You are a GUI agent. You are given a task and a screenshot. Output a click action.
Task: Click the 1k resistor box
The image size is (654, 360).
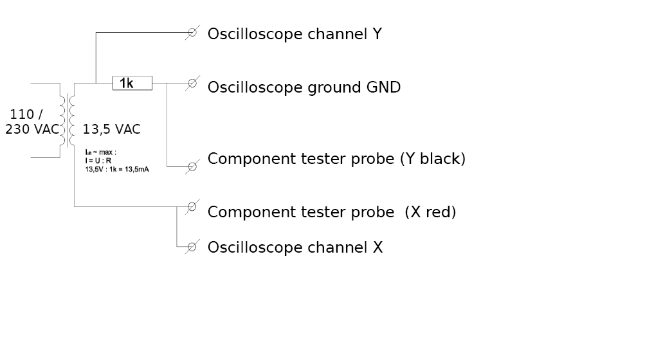(132, 83)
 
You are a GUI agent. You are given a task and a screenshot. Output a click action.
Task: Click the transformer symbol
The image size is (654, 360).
(68, 120)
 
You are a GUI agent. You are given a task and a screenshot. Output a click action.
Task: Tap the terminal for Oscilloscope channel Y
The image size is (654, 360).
(192, 33)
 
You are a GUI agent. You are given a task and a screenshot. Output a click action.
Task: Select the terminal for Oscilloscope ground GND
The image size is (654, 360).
(192, 83)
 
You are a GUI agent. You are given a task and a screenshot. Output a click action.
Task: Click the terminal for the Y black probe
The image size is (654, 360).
(192, 167)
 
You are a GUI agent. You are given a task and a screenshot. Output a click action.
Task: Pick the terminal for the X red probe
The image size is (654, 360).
(192, 206)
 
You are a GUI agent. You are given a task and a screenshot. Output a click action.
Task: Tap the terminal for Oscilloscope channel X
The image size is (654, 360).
(192, 247)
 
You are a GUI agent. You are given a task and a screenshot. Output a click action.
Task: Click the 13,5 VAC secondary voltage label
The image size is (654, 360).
(111, 129)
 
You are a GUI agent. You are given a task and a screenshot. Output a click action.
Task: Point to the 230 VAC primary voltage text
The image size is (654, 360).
(32, 129)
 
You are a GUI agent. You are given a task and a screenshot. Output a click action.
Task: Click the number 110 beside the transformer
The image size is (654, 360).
(22, 114)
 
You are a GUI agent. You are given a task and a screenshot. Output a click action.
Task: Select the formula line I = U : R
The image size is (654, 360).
(98, 160)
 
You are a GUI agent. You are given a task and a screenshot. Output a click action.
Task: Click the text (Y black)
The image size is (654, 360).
(432, 159)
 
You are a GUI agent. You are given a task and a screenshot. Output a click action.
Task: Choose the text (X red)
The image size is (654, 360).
(430, 212)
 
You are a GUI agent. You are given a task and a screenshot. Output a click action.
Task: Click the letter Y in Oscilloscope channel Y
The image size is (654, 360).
(377, 34)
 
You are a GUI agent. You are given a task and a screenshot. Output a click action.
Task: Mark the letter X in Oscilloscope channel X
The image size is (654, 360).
(377, 248)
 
